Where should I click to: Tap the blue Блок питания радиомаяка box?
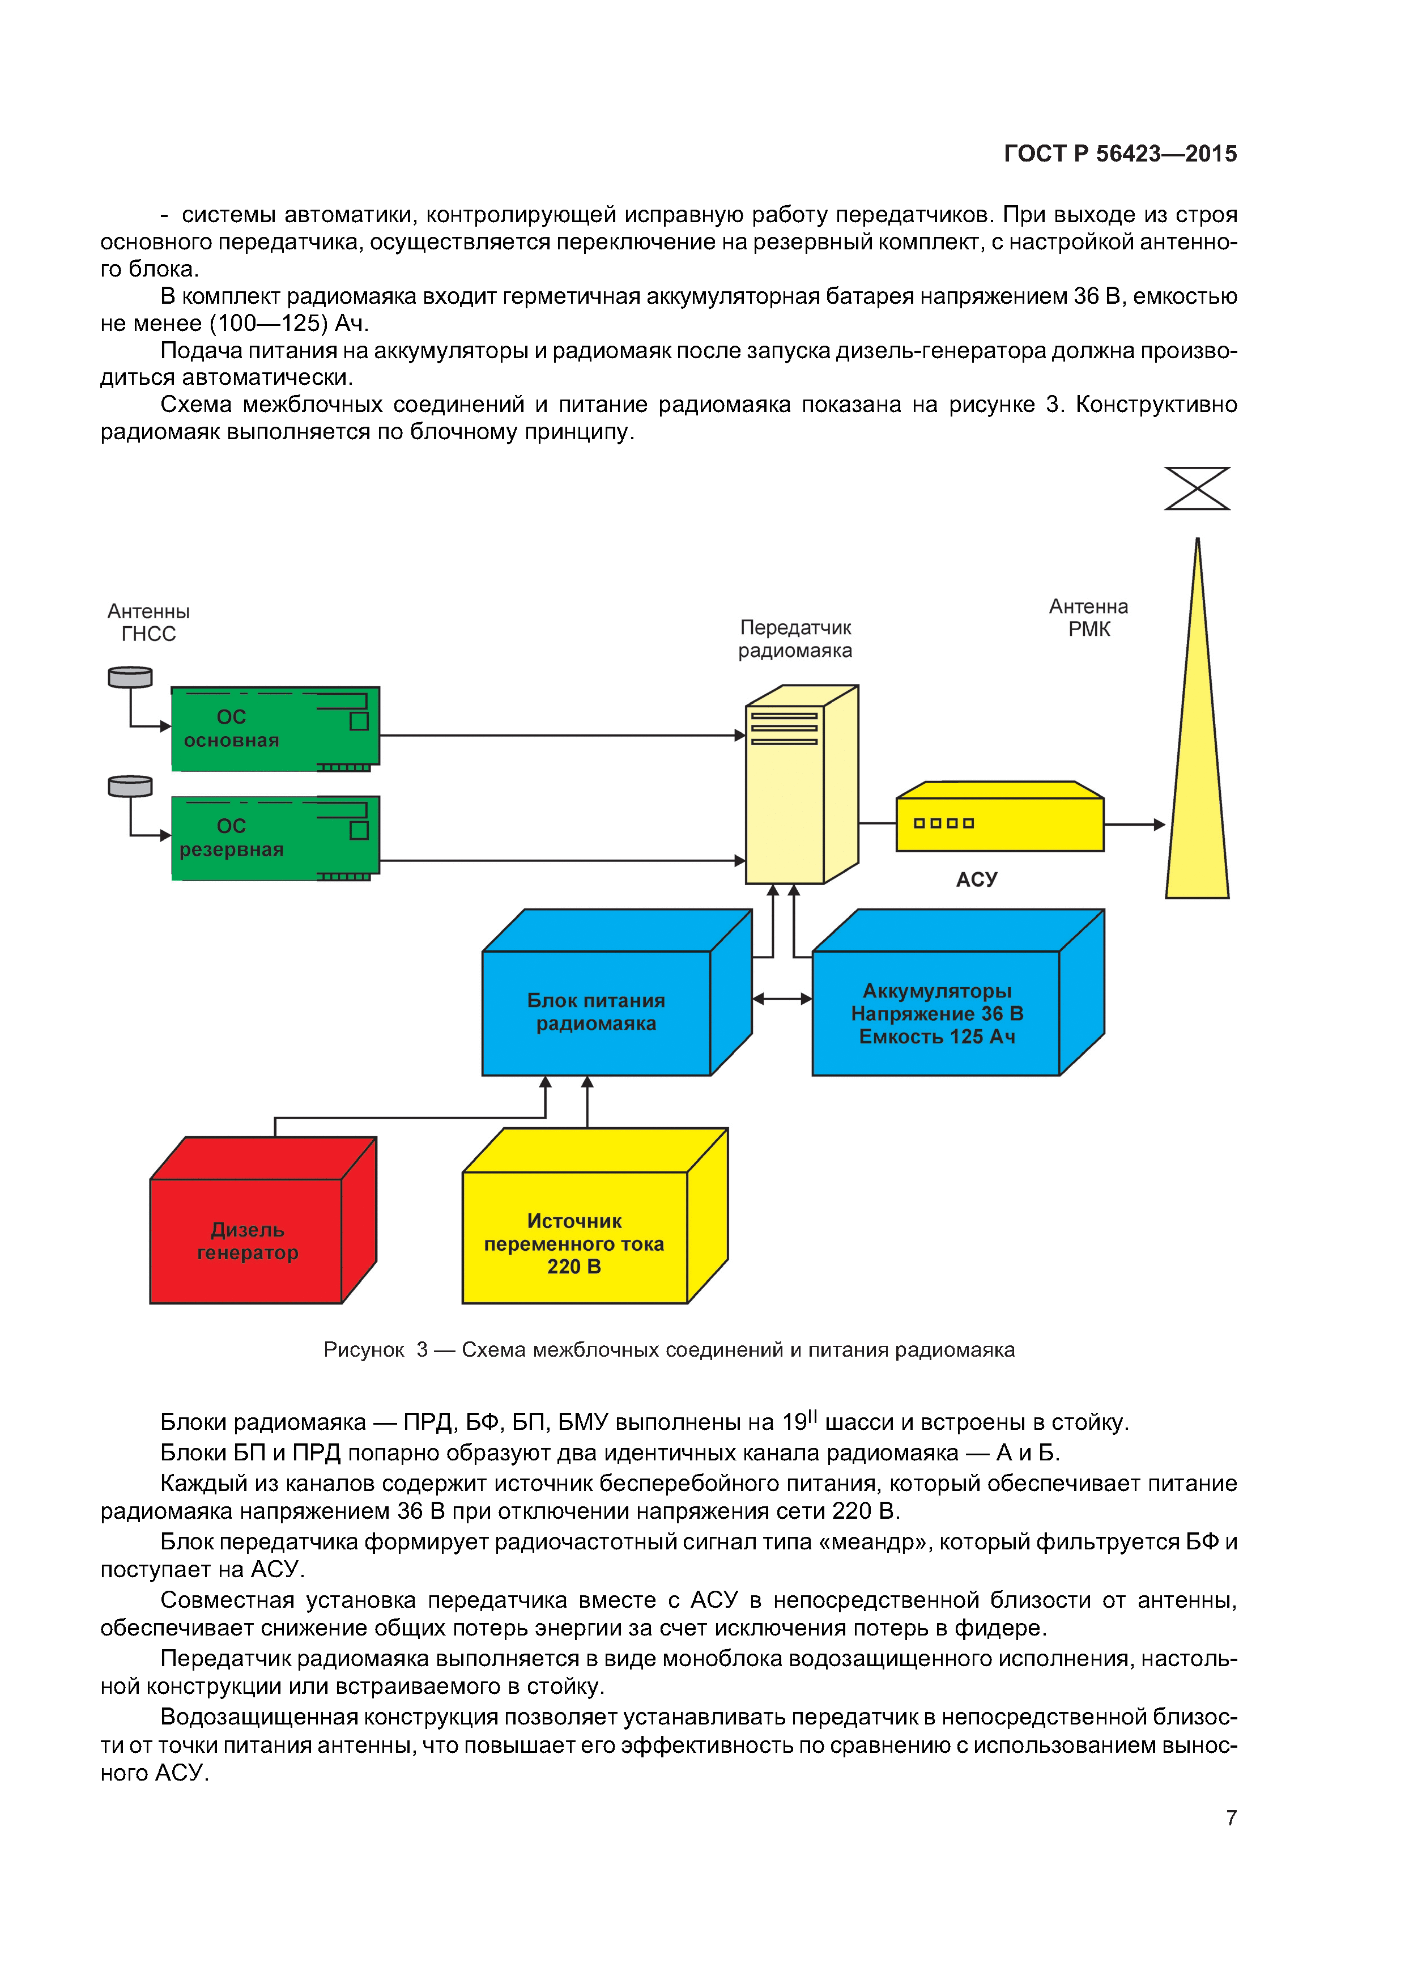click(597, 1012)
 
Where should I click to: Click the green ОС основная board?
click(275, 728)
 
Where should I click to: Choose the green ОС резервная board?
click(275, 837)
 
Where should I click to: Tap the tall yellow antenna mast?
click(1197, 779)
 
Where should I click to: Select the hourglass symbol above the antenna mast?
click(1197, 488)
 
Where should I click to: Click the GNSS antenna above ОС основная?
click(130, 676)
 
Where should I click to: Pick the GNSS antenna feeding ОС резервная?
click(130, 785)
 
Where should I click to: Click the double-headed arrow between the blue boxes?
click(782, 999)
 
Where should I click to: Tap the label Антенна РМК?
click(1088, 617)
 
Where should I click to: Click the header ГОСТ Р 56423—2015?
click(1120, 153)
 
